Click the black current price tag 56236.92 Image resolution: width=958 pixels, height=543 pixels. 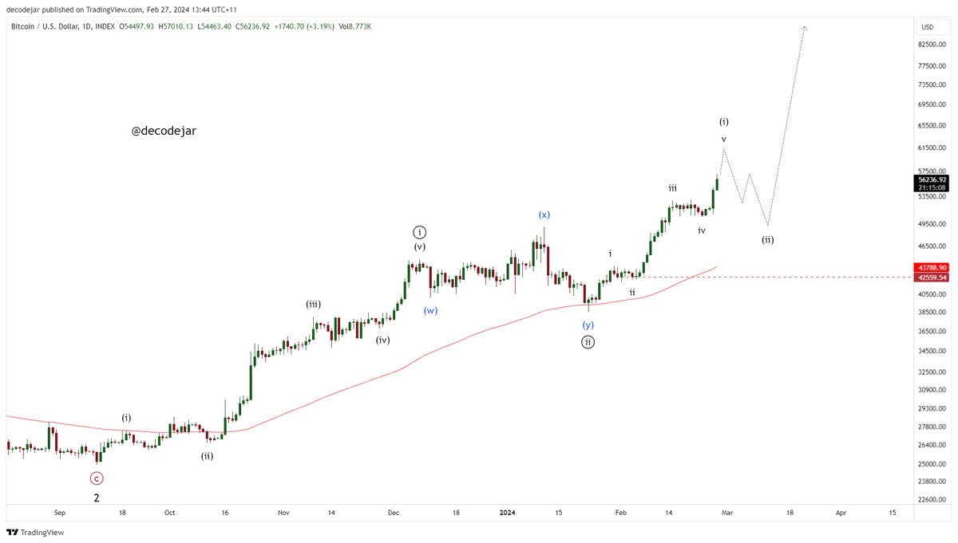(x=932, y=179)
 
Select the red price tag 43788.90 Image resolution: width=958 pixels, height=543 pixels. (x=932, y=267)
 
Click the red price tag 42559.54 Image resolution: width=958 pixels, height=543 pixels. (x=932, y=277)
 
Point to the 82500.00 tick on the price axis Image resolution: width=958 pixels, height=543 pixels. (x=930, y=45)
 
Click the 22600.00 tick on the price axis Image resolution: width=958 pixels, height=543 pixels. (x=930, y=500)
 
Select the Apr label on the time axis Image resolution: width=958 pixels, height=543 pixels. (x=841, y=513)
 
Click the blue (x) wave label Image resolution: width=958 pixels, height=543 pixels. (x=544, y=214)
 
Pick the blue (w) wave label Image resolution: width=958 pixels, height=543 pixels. (x=431, y=311)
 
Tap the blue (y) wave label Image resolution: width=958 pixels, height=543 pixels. (x=588, y=325)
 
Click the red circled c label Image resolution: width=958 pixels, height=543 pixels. (x=96, y=478)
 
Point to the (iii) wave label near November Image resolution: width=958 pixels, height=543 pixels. (x=313, y=304)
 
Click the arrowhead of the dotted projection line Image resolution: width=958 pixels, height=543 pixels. (x=805, y=29)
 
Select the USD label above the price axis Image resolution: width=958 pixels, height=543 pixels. (x=927, y=26)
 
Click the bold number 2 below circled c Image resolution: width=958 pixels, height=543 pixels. (x=97, y=498)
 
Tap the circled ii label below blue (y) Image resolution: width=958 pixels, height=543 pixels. (x=588, y=342)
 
